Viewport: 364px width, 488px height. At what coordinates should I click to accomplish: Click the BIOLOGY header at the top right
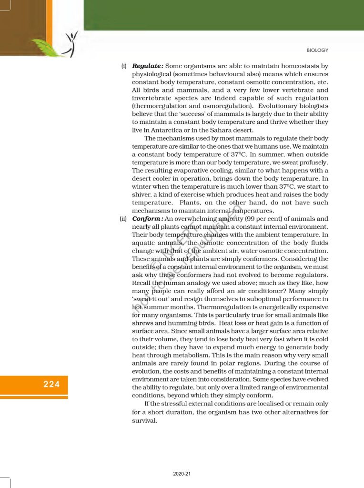318,51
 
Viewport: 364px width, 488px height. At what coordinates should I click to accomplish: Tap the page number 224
51,384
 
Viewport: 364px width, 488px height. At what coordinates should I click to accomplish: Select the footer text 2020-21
182,474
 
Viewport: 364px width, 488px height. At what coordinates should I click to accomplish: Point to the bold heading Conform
147,219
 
